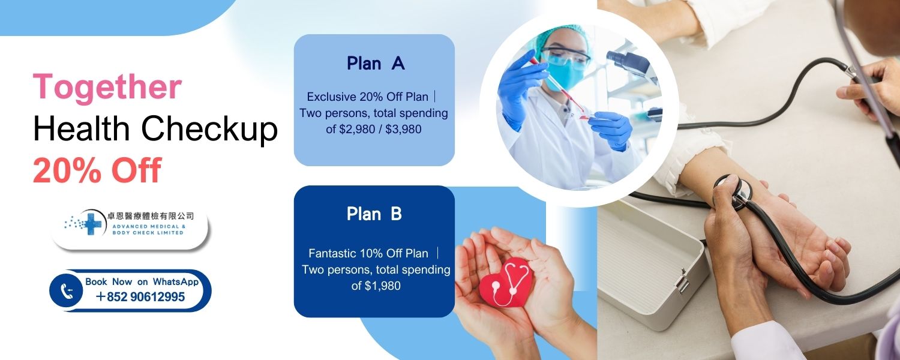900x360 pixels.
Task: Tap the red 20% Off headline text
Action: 97,170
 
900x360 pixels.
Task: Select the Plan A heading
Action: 375,64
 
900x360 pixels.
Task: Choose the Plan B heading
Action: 374,214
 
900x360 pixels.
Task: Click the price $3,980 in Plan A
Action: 403,130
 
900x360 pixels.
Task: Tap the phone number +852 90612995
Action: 140,297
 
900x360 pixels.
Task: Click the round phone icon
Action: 66,290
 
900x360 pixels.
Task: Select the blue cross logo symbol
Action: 92,224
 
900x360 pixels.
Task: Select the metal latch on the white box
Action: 681,280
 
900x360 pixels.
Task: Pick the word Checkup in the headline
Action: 209,130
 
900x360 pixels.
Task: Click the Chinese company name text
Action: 151,216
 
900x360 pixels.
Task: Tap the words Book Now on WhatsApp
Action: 142,281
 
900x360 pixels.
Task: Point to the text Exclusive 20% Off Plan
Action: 367,97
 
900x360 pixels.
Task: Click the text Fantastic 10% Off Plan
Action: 368,254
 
